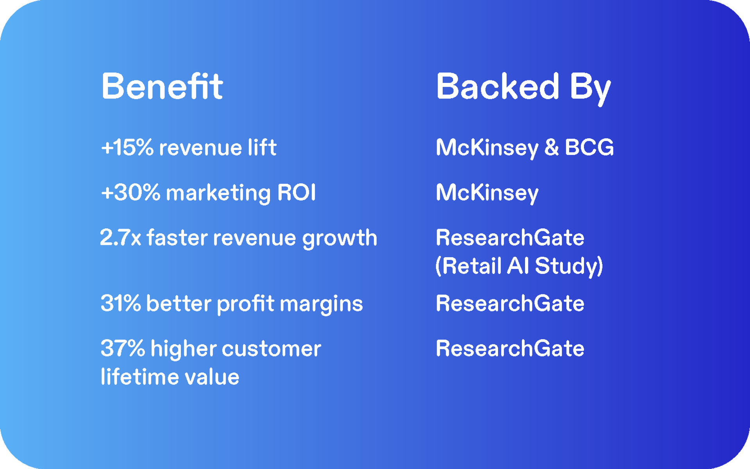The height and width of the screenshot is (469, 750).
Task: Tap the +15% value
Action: pyautogui.click(x=127, y=147)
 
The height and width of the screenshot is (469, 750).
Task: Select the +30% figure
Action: pyautogui.click(x=130, y=192)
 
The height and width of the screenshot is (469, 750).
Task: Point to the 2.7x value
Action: pyautogui.click(x=120, y=237)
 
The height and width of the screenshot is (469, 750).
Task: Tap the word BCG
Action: pyautogui.click(x=589, y=147)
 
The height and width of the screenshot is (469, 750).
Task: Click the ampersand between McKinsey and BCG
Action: pyautogui.click(x=552, y=147)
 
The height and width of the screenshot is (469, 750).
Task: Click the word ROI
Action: pyautogui.click(x=296, y=192)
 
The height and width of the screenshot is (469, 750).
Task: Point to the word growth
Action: pyautogui.click(x=340, y=239)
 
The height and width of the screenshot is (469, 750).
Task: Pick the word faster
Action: pyautogui.click(x=177, y=237)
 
